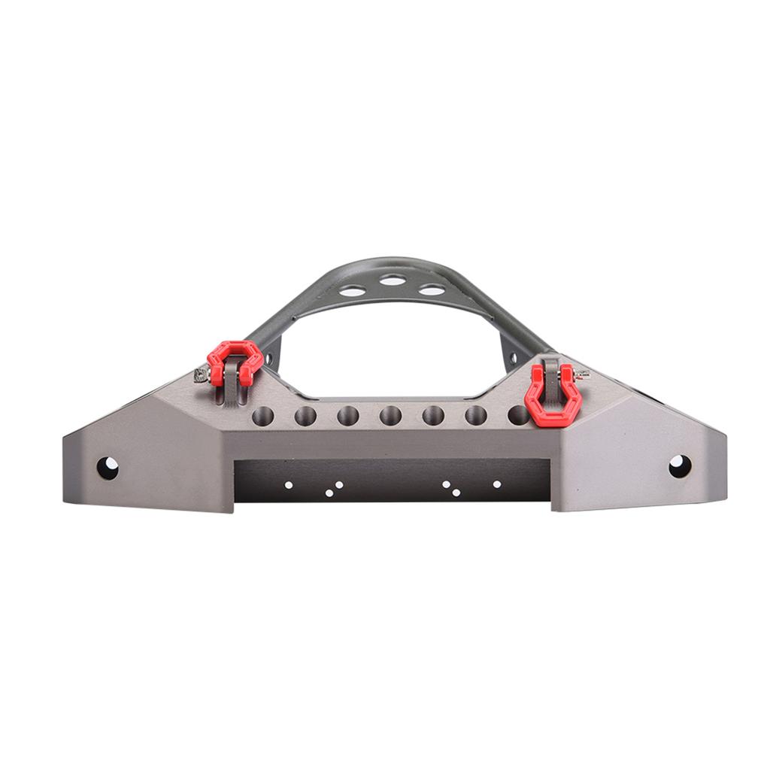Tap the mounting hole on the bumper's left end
click(x=108, y=468)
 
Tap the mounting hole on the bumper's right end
click(x=680, y=466)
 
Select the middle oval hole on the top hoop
click(x=392, y=280)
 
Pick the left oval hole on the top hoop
click(x=352, y=290)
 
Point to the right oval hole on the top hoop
click(x=432, y=290)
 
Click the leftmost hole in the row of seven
click(x=262, y=416)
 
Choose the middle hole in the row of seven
click(x=390, y=415)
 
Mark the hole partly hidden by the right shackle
click(x=517, y=414)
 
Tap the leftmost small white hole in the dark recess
click(x=288, y=486)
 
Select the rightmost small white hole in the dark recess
click(x=496, y=484)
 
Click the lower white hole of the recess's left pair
click(x=329, y=493)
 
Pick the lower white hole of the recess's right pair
click(x=456, y=493)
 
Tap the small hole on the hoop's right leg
click(x=514, y=357)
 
